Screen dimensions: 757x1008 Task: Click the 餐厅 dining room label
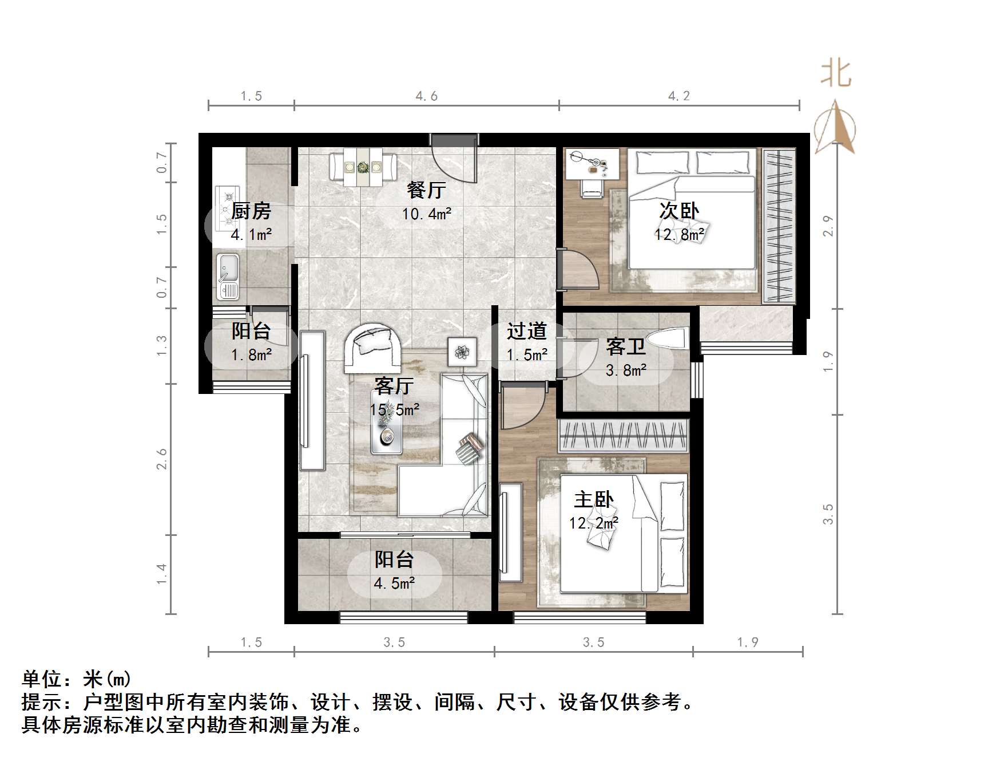(x=426, y=190)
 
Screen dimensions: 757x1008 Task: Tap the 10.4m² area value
(x=426, y=215)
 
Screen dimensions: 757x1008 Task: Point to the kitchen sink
(x=228, y=277)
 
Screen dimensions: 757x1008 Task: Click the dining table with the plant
(x=363, y=167)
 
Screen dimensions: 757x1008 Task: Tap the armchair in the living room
(x=372, y=349)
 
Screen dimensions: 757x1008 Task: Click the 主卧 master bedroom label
(x=594, y=499)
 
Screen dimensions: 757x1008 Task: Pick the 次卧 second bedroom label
(x=679, y=211)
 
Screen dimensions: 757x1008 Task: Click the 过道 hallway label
(x=526, y=331)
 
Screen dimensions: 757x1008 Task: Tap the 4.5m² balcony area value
(x=394, y=583)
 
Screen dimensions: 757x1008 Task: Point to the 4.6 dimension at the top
(x=427, y=96)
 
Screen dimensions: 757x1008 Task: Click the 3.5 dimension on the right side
(x=828, y=514)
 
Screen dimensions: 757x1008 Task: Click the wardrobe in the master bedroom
(x=624, y=436)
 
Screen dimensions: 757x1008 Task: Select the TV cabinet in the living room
(x=312, y=400)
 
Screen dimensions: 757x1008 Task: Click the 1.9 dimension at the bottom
(x=748, y=642)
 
